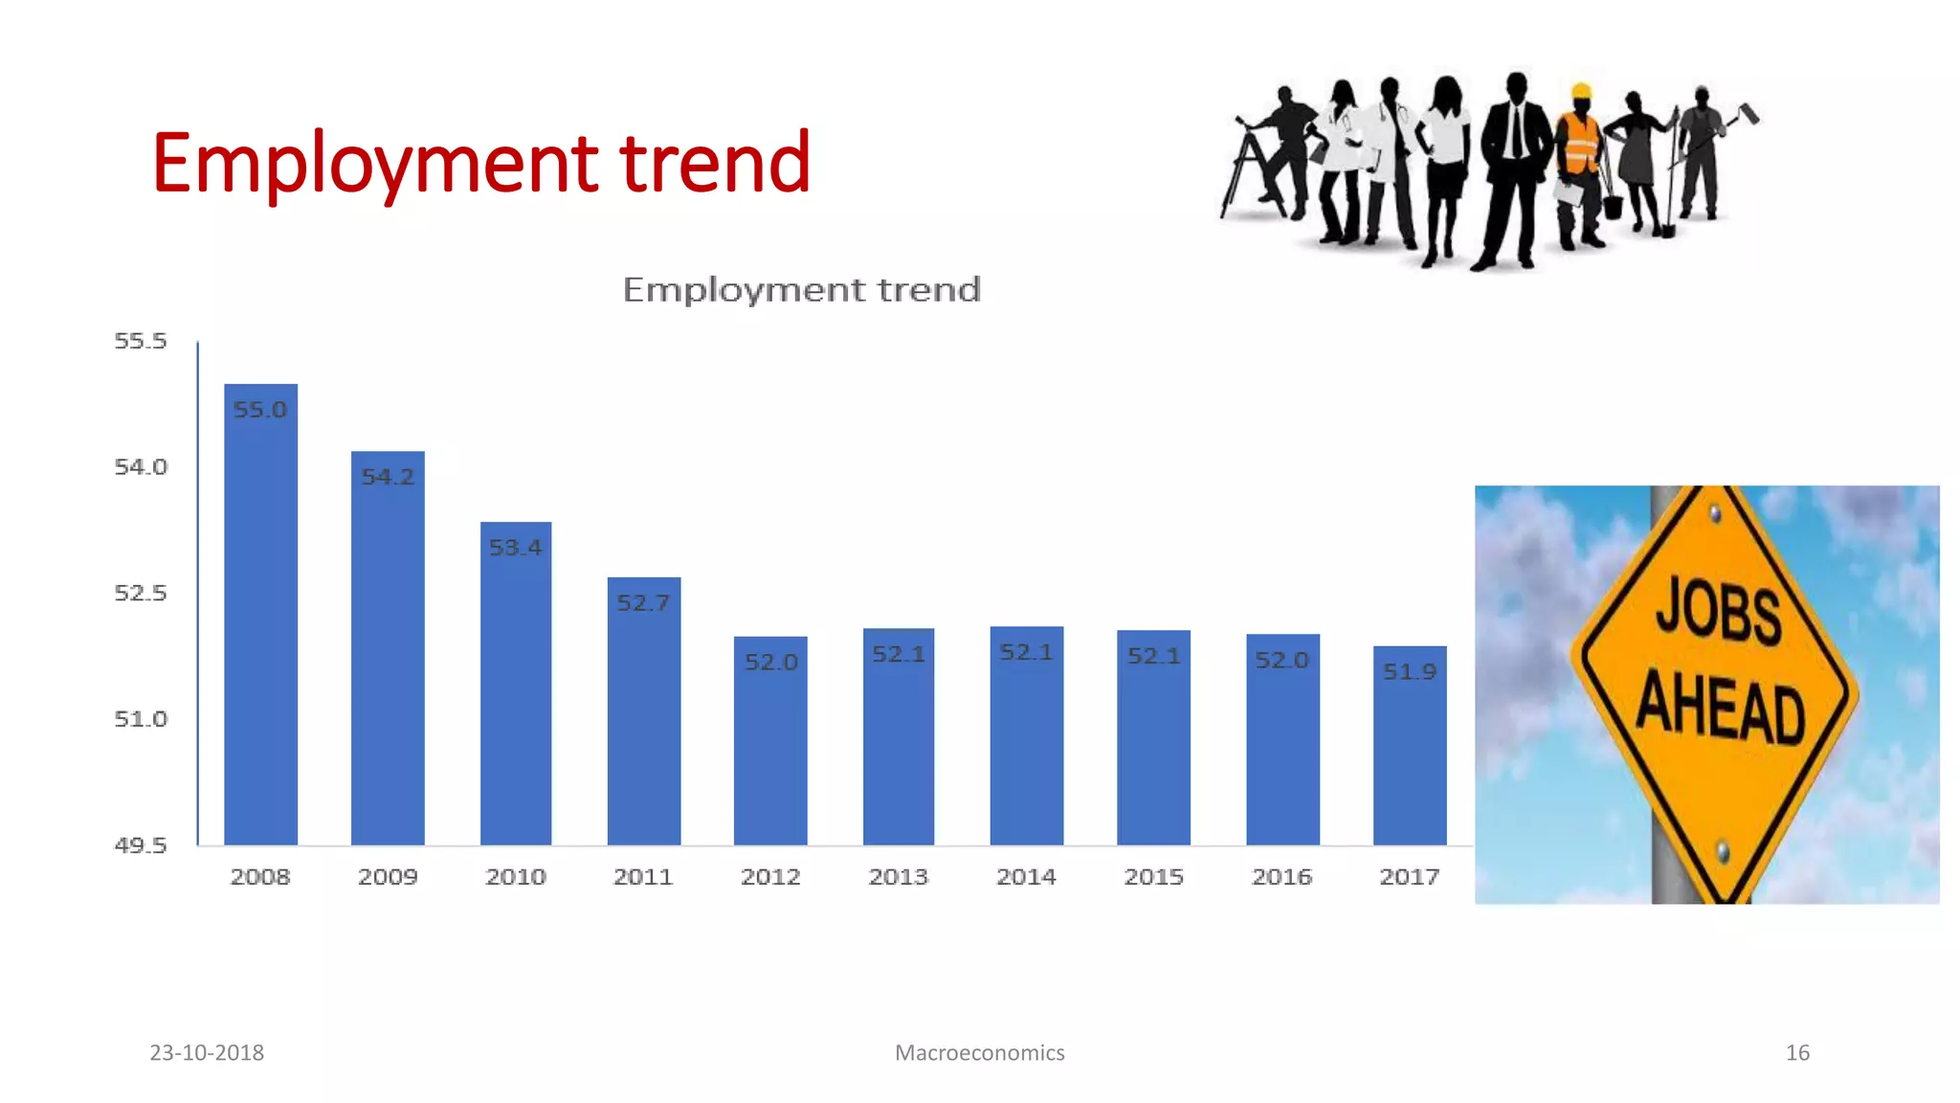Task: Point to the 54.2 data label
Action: [x=388, y=477]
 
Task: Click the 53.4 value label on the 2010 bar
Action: [x=515, y=548]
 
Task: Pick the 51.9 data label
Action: [x=1409, y=672]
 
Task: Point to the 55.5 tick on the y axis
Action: [x=141, y=341]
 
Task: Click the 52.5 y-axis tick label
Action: [x=141, y=593]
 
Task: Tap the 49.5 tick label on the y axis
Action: [x=141, y=845]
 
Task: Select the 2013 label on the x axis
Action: [x=898, y=877]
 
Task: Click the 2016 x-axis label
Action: [x=1281, y=877]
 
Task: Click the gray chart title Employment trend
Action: [x=802, y=289]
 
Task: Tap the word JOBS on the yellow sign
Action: [x=1719, y=611]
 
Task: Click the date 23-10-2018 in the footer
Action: [x=207, y=1052]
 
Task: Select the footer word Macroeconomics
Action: [x=979, y=1052]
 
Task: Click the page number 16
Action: [x=1797, y=1052]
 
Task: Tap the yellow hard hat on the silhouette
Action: [x=1581, y=92]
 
